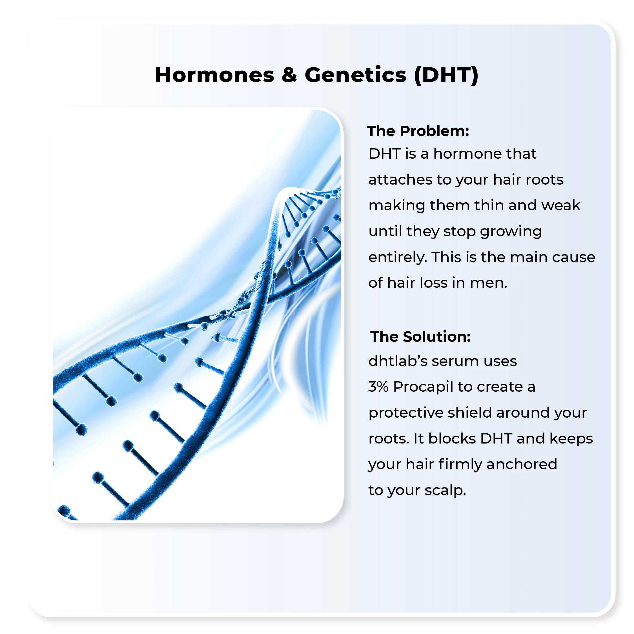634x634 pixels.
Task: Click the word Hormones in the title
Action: click(215, 75)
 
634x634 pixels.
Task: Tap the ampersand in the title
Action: click(289, 75)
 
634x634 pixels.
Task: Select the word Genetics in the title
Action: click(356, 75)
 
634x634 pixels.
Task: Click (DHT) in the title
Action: click(446, 76)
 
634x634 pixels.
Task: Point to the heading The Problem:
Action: click(418, 131)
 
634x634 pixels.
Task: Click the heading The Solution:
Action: click(421, 337)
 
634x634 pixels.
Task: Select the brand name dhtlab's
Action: click(397, 361)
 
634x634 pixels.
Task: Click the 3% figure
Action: click(378, 387)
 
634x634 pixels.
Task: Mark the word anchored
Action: click(522, 464)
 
